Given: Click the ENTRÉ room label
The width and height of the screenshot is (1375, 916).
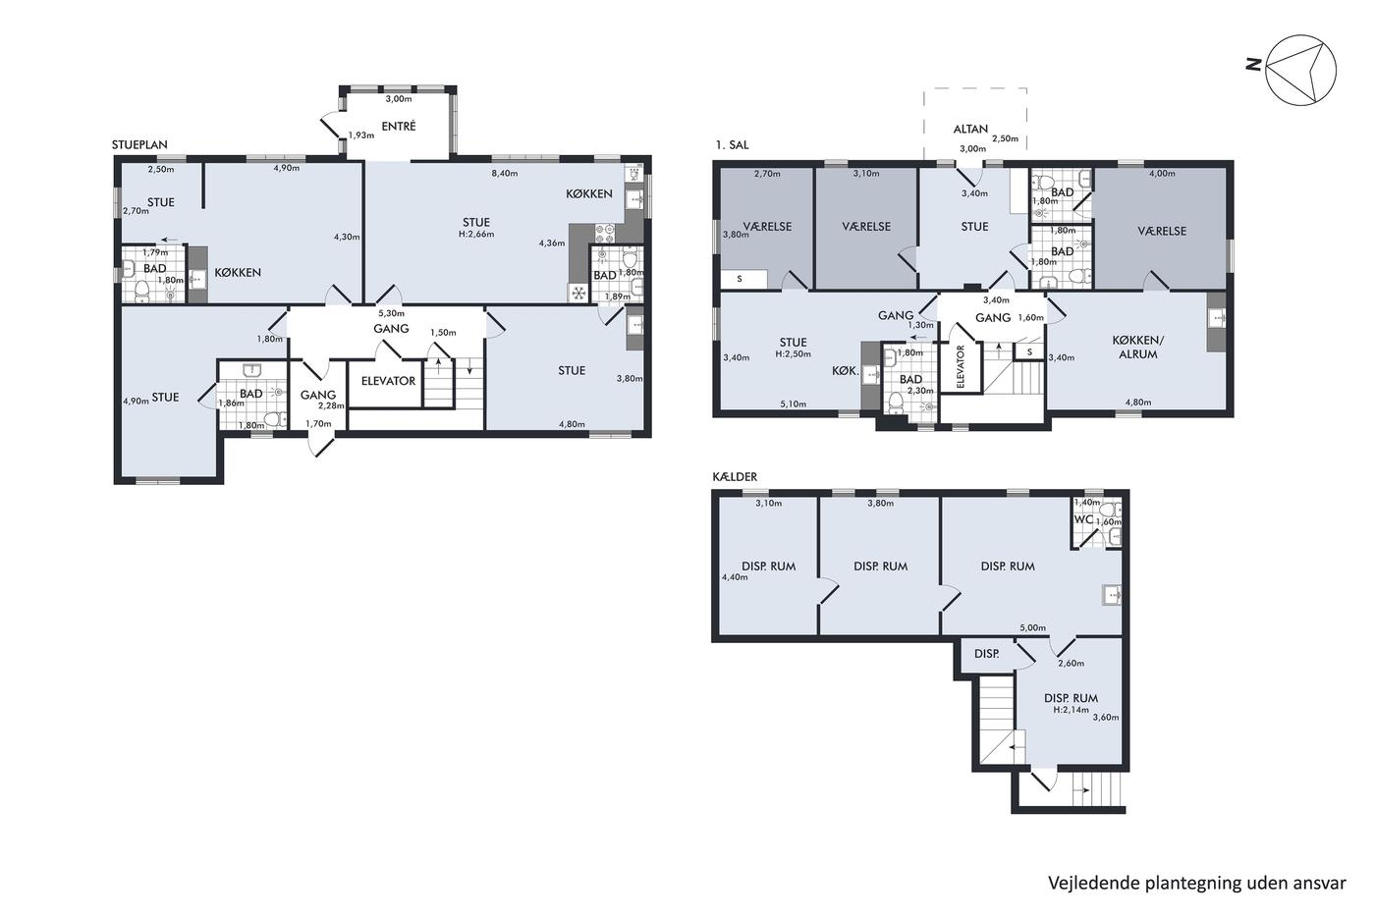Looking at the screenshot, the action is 399,126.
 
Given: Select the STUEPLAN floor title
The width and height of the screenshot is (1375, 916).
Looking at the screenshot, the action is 139,144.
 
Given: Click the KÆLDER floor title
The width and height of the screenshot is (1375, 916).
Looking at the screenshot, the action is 735,477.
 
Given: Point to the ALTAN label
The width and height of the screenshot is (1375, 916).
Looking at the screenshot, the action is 970,129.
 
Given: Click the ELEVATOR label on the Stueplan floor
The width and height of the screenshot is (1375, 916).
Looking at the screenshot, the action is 388,381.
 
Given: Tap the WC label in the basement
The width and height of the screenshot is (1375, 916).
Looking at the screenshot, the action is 1082,519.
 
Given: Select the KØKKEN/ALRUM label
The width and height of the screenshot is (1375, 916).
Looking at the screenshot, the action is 1138,348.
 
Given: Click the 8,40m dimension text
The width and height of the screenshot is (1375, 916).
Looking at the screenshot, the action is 505,173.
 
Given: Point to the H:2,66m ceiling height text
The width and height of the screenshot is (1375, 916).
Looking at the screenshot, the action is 476,234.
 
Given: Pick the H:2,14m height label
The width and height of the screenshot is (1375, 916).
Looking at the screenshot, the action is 1072,709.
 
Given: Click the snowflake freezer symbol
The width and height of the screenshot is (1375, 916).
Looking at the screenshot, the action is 577,294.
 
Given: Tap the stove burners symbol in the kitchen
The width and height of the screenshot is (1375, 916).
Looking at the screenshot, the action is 605,233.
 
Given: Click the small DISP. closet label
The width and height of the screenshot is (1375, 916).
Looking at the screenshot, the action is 986,654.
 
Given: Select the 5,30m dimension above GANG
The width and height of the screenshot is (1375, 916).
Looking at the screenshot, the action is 391,313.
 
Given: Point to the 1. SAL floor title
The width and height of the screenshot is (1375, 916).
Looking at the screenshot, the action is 732,145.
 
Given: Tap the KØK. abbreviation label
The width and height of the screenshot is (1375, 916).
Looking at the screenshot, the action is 845,370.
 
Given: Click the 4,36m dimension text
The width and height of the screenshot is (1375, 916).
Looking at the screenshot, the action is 552,242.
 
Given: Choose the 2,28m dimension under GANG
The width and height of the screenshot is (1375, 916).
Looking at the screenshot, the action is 332,405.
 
